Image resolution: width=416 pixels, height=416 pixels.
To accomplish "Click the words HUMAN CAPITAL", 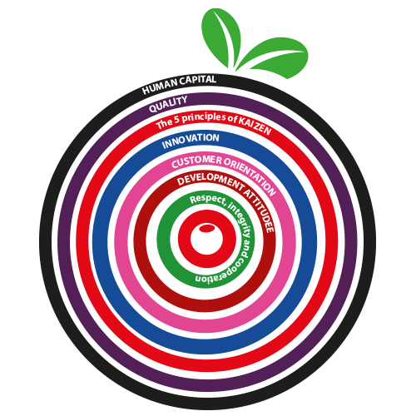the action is (x=179, y=84).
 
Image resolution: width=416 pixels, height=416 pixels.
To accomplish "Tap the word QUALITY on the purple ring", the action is (x=168, y=104).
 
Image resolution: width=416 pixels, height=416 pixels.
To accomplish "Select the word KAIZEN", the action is (x=255, y=126).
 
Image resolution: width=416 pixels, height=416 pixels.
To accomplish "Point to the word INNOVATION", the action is (x=191, y=141).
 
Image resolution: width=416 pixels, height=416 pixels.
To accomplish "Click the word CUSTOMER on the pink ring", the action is (x=197, y=161).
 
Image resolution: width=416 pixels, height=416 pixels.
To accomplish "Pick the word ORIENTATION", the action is (x=251, y=176).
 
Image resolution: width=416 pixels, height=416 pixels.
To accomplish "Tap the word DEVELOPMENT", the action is (x=210, y=180).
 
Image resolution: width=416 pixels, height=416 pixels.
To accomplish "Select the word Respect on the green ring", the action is (x=207, y=201).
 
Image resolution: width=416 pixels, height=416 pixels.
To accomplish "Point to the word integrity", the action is (x=241, y=219).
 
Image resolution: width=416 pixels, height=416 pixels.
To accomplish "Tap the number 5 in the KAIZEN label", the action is (x=176, y=120).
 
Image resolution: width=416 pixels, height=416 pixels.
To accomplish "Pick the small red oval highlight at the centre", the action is (x=207, y=228).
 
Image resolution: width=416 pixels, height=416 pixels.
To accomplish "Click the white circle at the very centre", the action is (x=206, y=239).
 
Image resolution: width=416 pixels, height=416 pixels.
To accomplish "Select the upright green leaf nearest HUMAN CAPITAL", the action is (x=221, y=35).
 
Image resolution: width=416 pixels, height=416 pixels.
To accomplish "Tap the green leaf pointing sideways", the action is (x=273, y=57).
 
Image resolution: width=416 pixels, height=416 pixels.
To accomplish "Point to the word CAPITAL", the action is (x=198, y=81).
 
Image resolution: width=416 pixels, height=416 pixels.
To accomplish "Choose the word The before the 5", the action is (x=164, y=124).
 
